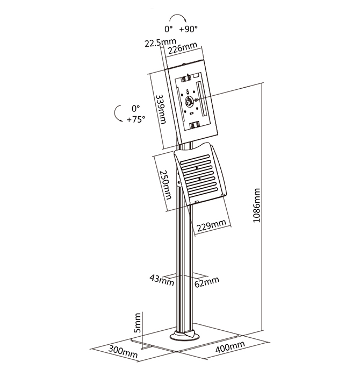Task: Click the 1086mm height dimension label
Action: (256, 205)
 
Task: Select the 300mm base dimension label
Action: (123, 352)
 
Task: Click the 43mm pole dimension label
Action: (162, 280)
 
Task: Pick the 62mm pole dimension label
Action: (207, 282)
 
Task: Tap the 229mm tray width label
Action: (211, 225)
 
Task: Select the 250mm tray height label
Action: (165, 185)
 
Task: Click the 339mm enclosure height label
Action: (161, 109)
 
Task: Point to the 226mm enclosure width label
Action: (183, 48)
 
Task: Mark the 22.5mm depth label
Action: (160, 43)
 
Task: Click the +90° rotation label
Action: (189, 29)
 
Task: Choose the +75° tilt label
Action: (136, 119)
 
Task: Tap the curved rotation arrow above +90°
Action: (177, 16)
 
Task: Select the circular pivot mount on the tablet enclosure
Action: (189, 101)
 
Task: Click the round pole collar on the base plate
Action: (184, 336)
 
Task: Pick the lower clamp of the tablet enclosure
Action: (195, 125)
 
